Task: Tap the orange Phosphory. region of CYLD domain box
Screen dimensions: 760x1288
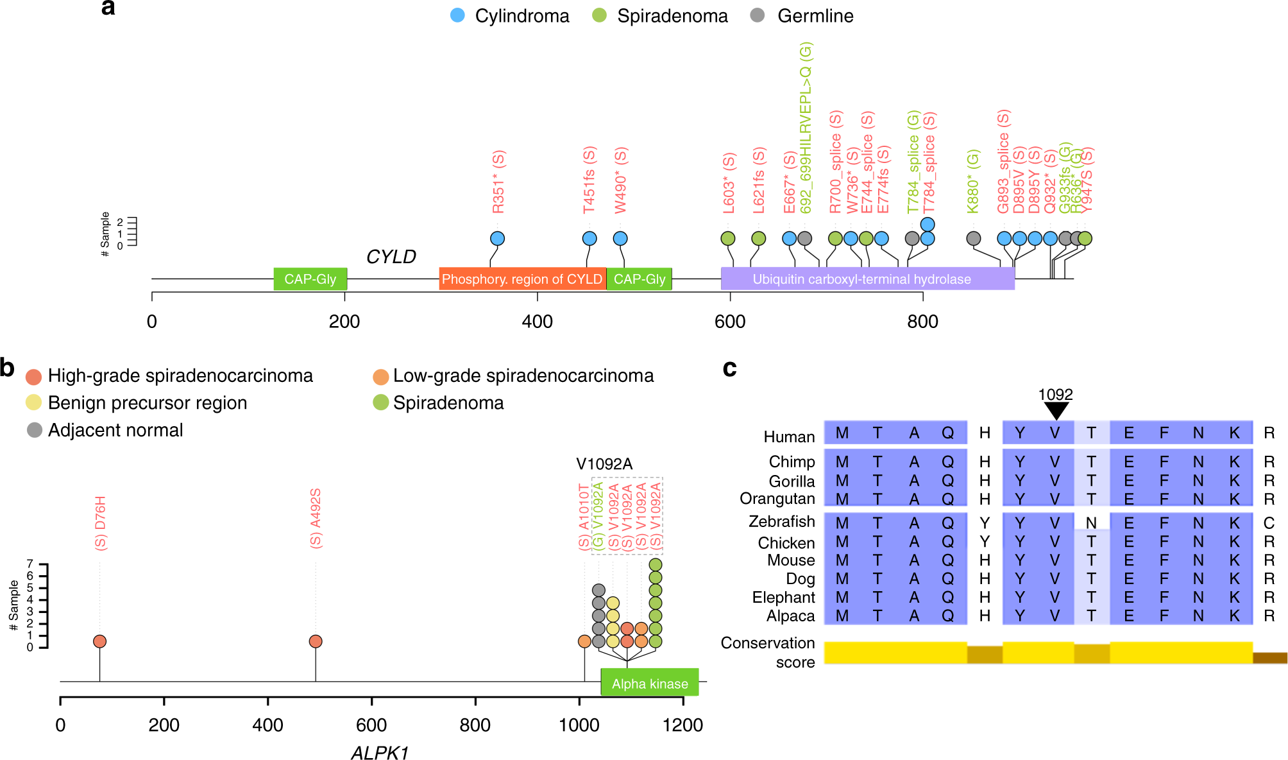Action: pyautogui.click(x=522, y=279)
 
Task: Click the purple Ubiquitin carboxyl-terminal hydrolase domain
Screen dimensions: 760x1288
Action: pyautogui.click(x=861, y=279)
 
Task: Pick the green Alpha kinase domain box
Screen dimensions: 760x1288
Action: pyautogui.click(x=649, y=684)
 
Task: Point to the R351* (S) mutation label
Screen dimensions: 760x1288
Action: pyautogui.click(x=498, y=182)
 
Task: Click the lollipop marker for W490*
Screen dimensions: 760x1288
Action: pyautogui.click(x=620, y=239)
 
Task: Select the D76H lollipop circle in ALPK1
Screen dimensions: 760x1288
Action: pyautogui.click(x=99, y=641)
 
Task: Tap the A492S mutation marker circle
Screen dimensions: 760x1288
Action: pyautogui.click(x=316, y=641)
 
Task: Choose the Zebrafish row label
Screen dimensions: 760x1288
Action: pyautogui.click(x=781, y=522)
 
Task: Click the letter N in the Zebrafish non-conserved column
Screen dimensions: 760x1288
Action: pyautogui.click(x=1091, y=523)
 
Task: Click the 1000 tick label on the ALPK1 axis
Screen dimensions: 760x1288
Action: pyautogui.click(x=579, y=725)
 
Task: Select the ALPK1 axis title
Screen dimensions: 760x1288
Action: pyautogui.click(x=380, y=753)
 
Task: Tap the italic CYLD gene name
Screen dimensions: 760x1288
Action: pyautogui.click(x=391, y=257)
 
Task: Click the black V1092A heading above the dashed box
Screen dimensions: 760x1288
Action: pyautogui.click(x=604, y=464)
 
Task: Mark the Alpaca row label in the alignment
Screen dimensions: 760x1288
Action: pyautogui.click(x=790, y=616)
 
